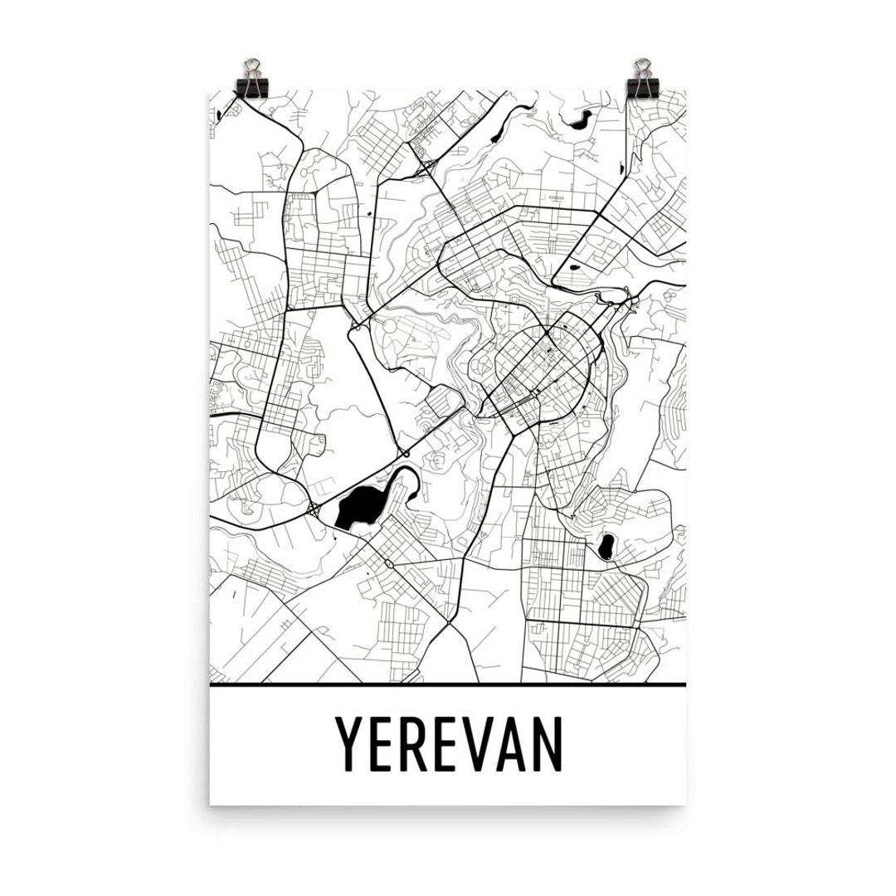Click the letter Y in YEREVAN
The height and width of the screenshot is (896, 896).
[348, 743]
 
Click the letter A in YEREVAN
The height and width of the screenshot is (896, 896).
[516, 743]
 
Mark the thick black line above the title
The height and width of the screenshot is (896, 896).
[448, 685]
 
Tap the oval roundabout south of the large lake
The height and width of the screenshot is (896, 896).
[388, 564]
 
